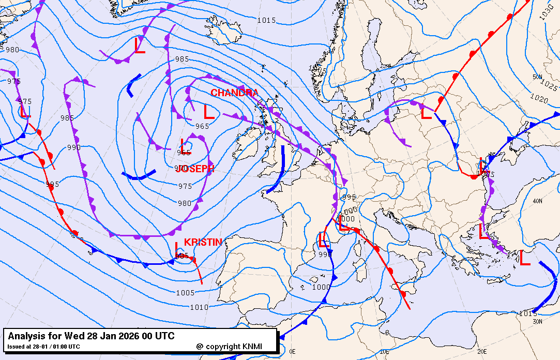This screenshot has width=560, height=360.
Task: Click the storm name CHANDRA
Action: point(234,93)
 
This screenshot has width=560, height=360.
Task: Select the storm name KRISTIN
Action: point(203,242)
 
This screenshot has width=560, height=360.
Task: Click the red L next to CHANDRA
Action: point(209,112)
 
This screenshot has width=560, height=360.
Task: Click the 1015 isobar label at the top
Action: point(266,20)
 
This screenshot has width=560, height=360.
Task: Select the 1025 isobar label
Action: point(549,82)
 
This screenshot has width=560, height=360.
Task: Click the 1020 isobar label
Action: point(539,98)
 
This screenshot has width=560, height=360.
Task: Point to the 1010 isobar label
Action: point(199,307)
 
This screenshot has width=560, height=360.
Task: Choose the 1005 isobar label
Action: point(185,293)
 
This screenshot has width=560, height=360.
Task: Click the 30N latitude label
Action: point(538,322)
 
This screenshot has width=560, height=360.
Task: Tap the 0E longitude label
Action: point(292,352)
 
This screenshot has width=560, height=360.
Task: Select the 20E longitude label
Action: point(482,352)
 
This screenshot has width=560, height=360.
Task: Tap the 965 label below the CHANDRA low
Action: point(202,126)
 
